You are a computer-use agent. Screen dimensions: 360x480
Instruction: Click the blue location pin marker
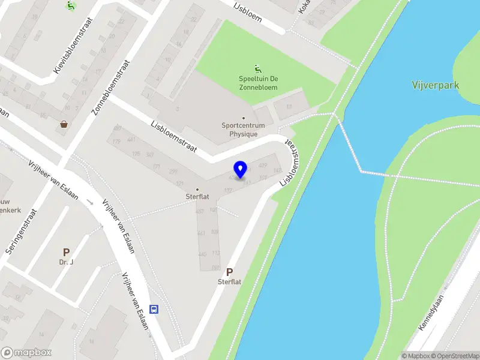(241, 170)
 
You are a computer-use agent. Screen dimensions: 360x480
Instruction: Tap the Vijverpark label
(436, 85)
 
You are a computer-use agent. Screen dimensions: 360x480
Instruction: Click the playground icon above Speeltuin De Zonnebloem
(258, 68)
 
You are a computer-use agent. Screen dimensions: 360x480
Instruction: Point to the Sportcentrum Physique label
(243, 130)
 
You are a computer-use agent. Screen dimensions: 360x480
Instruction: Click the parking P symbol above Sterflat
(229, 272)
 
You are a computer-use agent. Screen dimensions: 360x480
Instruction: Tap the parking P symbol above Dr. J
(66, 253)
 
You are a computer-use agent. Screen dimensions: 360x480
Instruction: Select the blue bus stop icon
(154, 310)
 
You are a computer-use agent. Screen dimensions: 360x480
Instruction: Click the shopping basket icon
(64, 125)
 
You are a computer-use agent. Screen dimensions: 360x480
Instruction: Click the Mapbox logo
(26, 353)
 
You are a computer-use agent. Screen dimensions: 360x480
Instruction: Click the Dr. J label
(65, 262)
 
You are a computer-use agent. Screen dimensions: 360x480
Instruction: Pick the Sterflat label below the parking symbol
(229, 281)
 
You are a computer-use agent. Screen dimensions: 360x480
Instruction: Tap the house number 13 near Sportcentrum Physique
(288, 107)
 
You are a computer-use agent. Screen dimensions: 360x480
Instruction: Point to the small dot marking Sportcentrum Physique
(243, 118)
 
